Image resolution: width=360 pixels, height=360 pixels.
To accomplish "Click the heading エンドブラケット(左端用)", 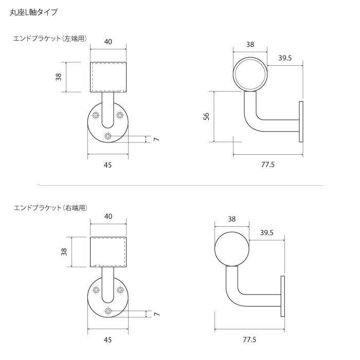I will [50, 39].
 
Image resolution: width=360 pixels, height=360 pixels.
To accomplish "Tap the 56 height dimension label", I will [206, 117].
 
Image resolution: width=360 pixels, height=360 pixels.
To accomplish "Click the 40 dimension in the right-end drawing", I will [109, 217].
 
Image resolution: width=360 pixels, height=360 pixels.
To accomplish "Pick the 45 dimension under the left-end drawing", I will [108, 165].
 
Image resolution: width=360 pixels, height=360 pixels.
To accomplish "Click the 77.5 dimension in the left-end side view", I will [267, 165].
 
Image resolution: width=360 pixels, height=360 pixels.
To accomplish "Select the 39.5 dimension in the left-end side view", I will [285, 58].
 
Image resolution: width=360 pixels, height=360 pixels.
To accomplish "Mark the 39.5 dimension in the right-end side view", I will [266, 232].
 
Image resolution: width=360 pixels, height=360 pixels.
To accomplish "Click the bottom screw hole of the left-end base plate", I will [108, 136].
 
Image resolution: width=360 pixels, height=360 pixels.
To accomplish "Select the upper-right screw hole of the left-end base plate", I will [120, 115].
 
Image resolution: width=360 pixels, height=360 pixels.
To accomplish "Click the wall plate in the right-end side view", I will [282, 297].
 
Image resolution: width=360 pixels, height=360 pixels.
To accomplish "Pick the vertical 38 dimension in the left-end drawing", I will [59, 77].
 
